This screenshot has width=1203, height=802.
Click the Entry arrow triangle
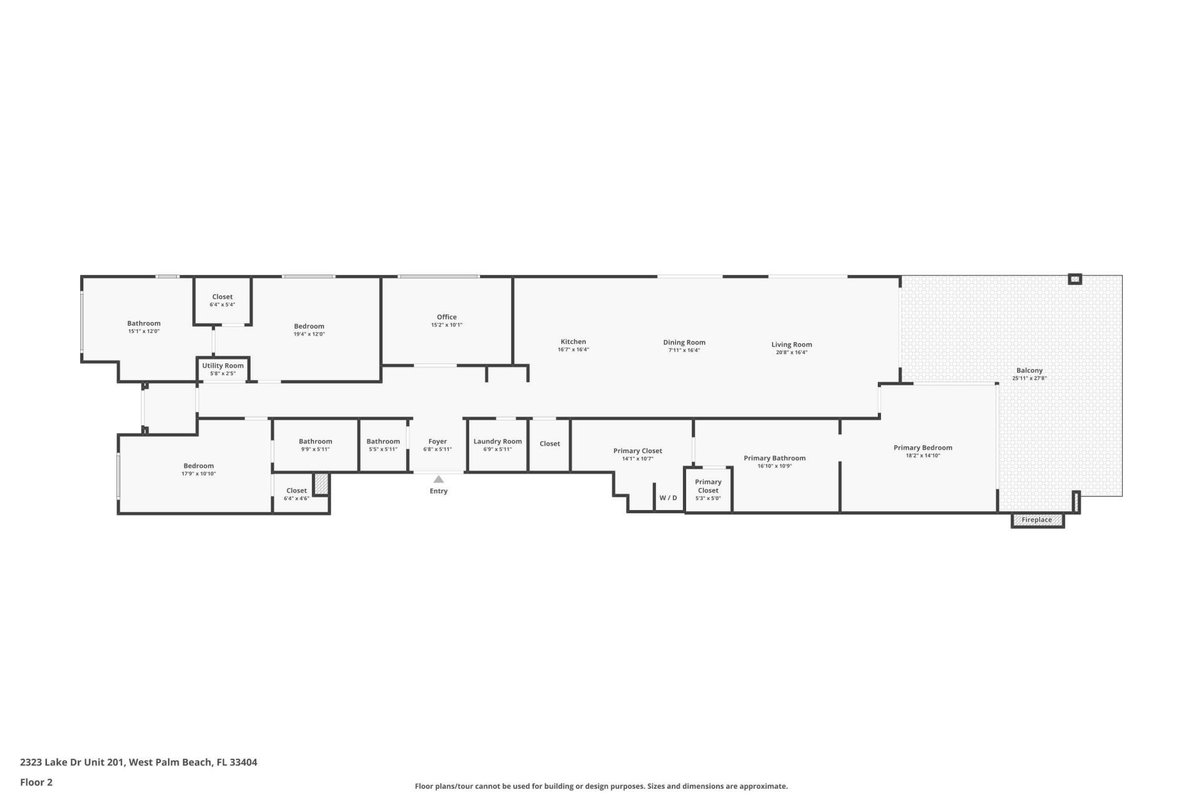[x=439, y=479]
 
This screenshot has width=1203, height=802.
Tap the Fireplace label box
[x=1037, y=520]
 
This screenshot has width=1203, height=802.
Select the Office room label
[x=447, y=317]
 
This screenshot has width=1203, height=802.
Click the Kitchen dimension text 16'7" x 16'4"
[x=573, y=350]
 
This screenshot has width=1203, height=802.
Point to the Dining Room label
[x=684, y=342]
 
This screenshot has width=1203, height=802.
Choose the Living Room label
[x=791, y=344]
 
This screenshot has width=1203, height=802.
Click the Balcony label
[x=1029, y=370]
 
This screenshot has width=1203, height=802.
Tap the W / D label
[x=668, y=497]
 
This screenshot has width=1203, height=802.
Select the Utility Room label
[x=223, y=366]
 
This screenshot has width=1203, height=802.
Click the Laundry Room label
[x=497, y=441]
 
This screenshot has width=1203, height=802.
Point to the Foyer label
[x=437, y=441]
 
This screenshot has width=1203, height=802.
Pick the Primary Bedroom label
[x=923, y=447]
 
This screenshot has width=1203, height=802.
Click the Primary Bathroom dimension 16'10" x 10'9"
[x=774, y=466]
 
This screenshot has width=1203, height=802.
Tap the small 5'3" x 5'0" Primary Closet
[x=708, y=489]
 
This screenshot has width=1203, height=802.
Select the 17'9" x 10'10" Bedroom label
[x=199, y=466]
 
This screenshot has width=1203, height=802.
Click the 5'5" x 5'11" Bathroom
[x=383, y=444]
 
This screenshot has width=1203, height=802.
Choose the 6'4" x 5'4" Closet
[x=222, y=300]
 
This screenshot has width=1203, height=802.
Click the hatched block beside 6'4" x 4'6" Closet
[x=321, y=483]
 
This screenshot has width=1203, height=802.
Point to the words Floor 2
[x=36, y=782]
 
